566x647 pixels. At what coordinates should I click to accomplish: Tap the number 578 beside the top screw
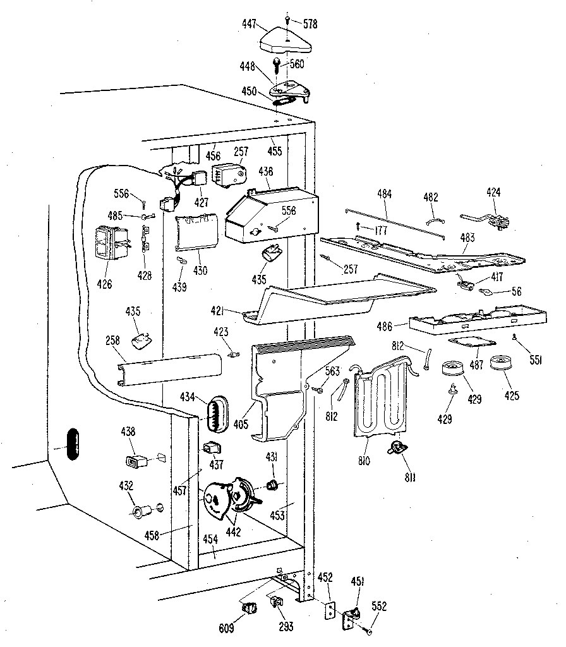[310, 25]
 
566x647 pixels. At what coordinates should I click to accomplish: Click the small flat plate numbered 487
[469, 342]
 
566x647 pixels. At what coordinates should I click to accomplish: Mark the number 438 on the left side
[128, 432]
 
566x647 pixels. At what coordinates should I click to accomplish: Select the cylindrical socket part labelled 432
[140, 509]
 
